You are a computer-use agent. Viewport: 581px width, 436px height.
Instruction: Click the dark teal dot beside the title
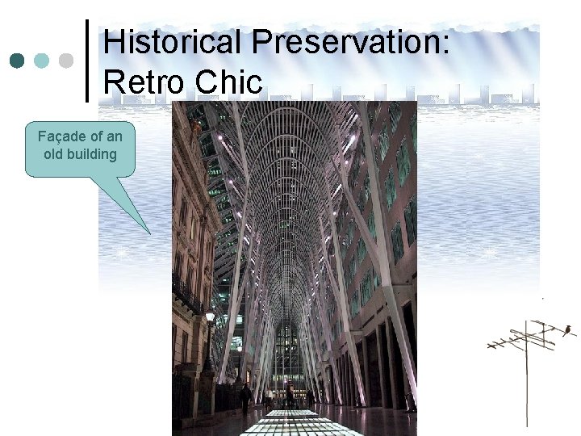click(x=18, y=61)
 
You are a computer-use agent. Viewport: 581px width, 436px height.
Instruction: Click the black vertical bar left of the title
click(x=87, y=61)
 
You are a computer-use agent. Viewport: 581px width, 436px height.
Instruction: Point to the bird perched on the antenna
click(x=568, y=329)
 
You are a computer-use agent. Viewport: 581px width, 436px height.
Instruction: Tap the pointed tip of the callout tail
click(x=150, y=233)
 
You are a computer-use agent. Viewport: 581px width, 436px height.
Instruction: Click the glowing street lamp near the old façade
click(x=210, y=317)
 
